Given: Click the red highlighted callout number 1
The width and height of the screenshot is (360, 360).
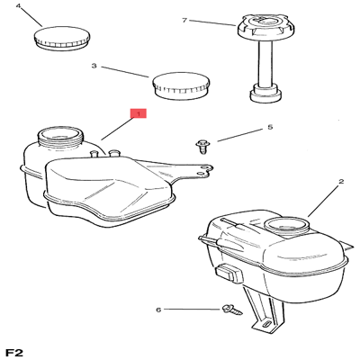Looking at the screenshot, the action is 138,113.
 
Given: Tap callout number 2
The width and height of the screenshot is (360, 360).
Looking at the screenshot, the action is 341,182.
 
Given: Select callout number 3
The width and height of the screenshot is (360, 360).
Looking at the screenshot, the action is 94,66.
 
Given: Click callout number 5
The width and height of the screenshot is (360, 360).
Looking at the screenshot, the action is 270,127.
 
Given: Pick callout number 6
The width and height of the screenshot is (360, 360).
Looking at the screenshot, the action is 158,310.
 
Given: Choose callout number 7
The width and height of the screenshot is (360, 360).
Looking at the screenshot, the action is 184,21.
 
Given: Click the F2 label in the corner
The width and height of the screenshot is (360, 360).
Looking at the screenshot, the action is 14,353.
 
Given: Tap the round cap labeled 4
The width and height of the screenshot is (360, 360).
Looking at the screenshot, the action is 62,39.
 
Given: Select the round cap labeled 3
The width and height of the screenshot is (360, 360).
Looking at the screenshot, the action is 181,85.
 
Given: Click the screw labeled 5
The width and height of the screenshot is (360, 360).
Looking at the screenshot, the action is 202,147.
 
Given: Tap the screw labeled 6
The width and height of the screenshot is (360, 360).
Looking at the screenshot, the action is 232,310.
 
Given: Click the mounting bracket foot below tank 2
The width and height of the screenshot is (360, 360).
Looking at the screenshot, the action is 265,323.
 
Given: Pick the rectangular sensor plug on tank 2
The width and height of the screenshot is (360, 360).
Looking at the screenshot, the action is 229,272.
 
